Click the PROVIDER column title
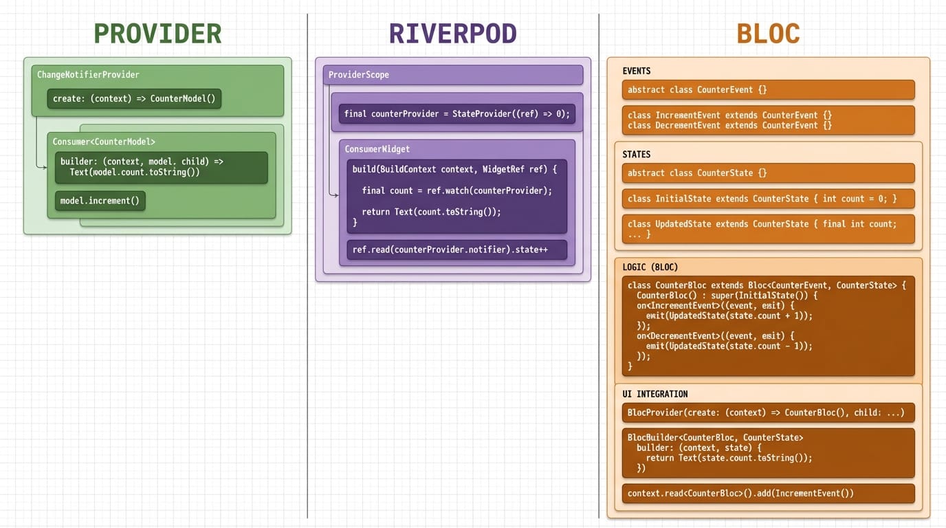coord(157,34)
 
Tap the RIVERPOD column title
coord(452,34)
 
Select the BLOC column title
coord(768,34)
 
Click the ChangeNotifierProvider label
coord(88,75)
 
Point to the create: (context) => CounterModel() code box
coord(134,98)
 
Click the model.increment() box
coord(100,201)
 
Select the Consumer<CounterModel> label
coord(104,142)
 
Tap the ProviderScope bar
coord(453,75)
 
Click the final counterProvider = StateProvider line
coord(457,113)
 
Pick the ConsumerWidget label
coord(377,149)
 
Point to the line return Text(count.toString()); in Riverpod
coord(431,212)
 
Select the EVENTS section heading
coord(636,71)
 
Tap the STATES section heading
coord(636,155)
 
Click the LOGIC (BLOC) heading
coord(650,267)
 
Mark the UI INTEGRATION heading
coord(654,394)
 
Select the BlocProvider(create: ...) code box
coord(768,412)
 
